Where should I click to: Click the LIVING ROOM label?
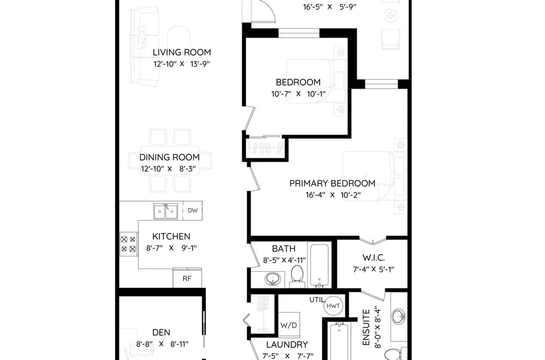pos(182,53)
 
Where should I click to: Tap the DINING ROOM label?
pos(169,158)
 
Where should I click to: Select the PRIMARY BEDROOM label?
pos(332,183)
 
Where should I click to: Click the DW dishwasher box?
pos(193,210)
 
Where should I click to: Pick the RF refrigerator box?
pos(187,278)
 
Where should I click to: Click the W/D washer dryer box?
pos(289,325)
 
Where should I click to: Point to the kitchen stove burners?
pos(128,244)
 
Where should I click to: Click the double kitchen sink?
pos(166,211)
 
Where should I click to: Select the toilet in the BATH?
pos(297,276)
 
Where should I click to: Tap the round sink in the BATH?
pos(273,279)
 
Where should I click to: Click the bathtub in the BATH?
pos(320,266)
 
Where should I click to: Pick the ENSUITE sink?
pos(398,317)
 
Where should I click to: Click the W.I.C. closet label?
pos(373,258)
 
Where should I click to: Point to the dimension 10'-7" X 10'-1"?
pos(298,94)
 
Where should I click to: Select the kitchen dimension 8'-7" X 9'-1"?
pos(172,248)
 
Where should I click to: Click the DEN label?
pos(161,333)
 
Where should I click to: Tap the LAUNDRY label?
pos(287,345)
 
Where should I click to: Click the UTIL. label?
pos(317,300)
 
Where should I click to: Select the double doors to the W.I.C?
pos(373,241)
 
